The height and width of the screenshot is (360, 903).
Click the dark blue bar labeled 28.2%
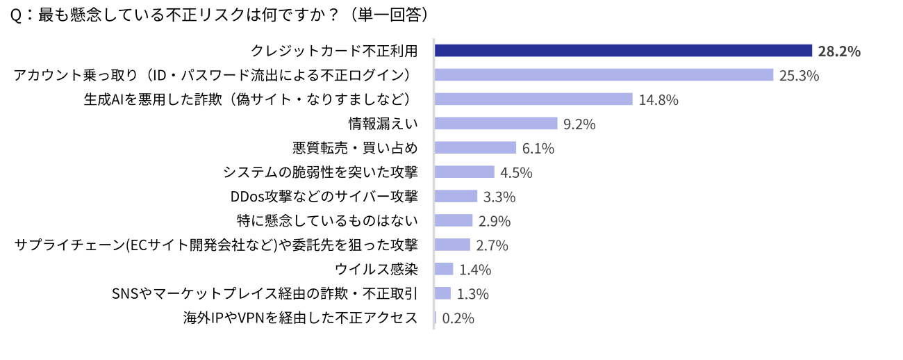pos(623,51)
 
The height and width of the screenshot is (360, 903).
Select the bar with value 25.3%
pos(604,75)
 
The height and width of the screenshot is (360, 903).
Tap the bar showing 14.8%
pos(533,99)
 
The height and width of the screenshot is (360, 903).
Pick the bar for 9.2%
pos(496,124)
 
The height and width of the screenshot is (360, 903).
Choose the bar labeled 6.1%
pos(475,148)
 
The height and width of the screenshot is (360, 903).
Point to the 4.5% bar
pos(464,172)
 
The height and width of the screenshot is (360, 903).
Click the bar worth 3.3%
pos(456,196)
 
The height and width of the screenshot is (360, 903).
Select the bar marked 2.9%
pos(454,220)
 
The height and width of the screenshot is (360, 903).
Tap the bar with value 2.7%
pos(452,245)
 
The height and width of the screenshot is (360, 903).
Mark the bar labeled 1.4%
pos(444,269)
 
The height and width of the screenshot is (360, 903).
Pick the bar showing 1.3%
pos(443,293)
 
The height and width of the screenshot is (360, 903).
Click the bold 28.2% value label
pos(839,51)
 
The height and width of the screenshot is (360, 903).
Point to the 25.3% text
pos(799,76)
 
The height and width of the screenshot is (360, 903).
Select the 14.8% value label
pos(658,100)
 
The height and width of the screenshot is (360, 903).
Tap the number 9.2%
pos(579,124)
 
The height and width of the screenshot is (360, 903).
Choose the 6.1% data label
pos(538,149)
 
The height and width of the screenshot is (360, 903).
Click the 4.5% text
pos(516,172)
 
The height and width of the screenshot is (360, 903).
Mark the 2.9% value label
pos(495,221)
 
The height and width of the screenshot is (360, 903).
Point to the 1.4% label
pos(475,270)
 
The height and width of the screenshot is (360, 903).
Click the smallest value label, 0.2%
pos(458,318)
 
